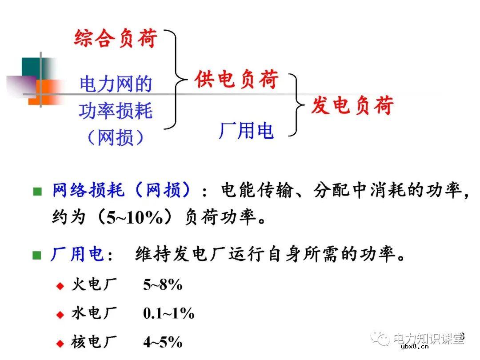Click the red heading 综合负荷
click(116, 38)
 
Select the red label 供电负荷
click(236, 80)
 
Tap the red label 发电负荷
click(352, 106)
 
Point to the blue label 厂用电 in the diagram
click(246, 131)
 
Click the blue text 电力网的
click(116, 84)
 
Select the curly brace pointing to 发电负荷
click(296, 105)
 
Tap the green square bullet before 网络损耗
click(37, 192)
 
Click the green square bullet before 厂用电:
click(37, 256)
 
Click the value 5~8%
click(163, 285)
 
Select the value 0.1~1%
click(168, 313)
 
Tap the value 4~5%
click(163, 342)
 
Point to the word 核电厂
click(93, 342)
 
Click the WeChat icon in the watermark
click(381, 339)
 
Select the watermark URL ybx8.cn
click(414, 348)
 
